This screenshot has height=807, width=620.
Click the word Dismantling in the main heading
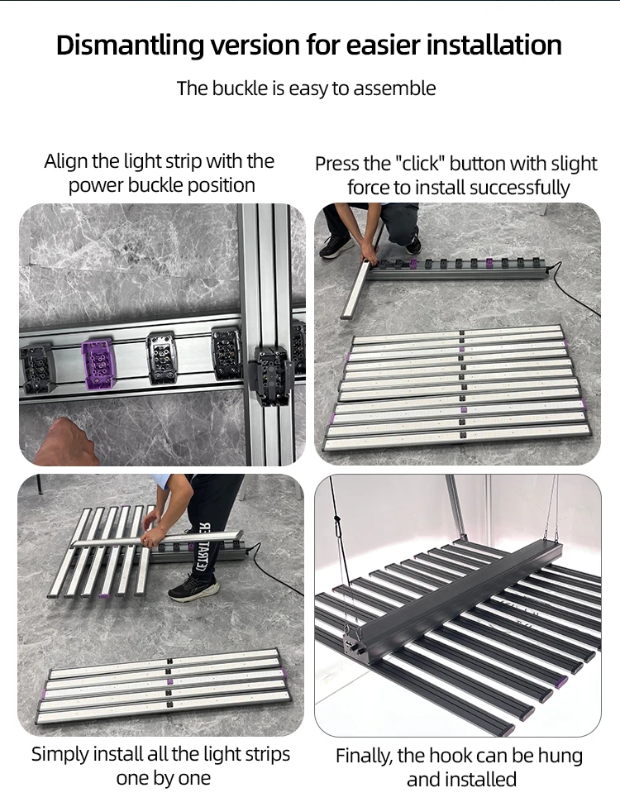[x=130, y=45]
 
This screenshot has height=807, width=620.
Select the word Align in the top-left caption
[x=65, y=161]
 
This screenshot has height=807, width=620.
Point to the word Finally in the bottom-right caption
[x=365, y=757]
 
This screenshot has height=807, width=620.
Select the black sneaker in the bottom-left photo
[x=193, y=587]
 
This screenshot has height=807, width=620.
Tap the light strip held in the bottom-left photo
[x=156, y=537]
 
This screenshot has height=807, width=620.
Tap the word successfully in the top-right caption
[x=519, y=188]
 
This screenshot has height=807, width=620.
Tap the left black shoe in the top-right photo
[x=336, y=247]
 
